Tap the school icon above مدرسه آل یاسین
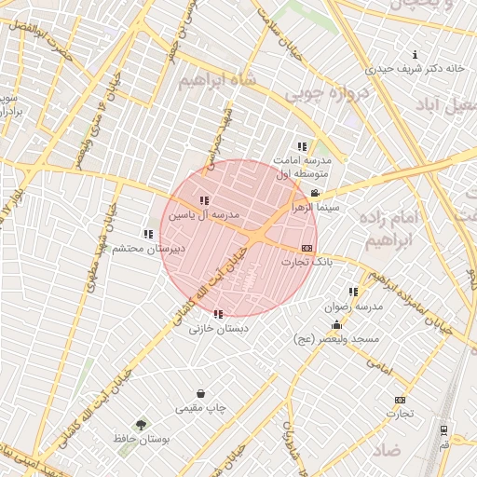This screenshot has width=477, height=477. pos(204,200)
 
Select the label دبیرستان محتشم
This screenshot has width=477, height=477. pos(149,249)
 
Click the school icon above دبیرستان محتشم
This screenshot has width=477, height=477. pos(147,234)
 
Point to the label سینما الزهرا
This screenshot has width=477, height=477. pos(316,208)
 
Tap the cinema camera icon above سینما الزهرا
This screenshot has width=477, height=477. pos(316,193)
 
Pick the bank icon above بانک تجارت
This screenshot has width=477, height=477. pos(307,248)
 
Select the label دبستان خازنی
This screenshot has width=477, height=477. pos(216,329)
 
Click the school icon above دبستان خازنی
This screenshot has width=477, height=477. pos(218,314)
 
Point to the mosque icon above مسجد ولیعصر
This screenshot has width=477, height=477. pos(336,325)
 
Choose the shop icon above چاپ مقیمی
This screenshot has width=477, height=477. pos(200,393)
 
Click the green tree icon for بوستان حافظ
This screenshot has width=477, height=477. pos(141,424)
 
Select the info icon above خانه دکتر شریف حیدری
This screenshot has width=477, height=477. pos(415,54)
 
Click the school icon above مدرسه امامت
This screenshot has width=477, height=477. pos(302,146)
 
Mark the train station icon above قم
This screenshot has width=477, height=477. pos(443,430)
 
